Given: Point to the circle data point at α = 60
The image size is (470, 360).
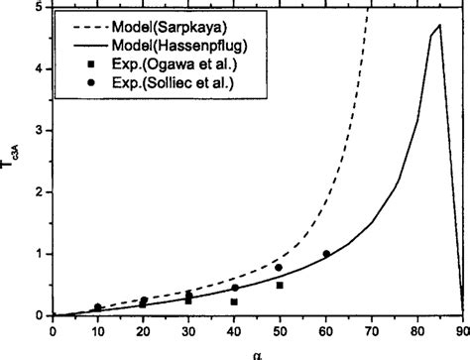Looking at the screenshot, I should [x=326, y=254].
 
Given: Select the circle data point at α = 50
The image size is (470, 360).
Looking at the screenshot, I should [x=280, y=268].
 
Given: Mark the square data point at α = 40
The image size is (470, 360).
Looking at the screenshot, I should [x=235, y=300].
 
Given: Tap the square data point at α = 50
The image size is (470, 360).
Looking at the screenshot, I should [x=280, y=286].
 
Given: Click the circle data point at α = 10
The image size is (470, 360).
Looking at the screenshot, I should [x=97, y=307].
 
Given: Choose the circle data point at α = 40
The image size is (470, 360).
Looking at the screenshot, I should [x=235, y=289].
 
